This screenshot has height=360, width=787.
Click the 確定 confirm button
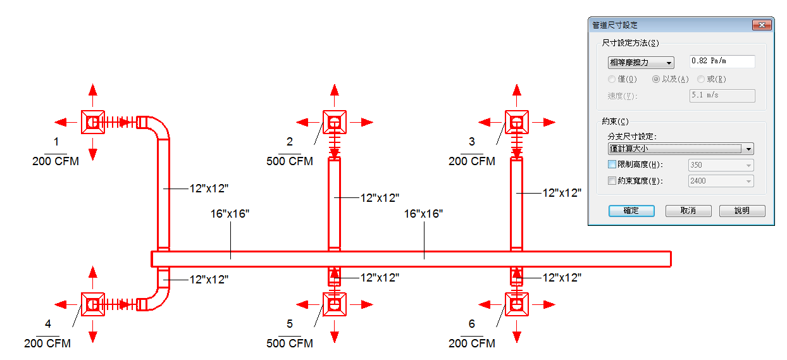pyautogui.click(x=631, y=211)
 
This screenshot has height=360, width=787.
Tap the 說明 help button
pyautogui.click(x=742, y=211)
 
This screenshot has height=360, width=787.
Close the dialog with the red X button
pyautogui.click(x=762, y=25)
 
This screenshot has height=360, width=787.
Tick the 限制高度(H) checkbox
pyautogui.click(x=612, y=164)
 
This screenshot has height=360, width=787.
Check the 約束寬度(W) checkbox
pyautogui.click(x=612, y=180)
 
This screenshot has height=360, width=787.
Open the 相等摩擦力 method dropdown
pyautogui.click(x=641, y=63)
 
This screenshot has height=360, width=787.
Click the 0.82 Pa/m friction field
pyautogui.click(x=722, y=61)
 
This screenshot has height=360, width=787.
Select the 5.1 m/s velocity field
pyautogui.click(x=722, y=95)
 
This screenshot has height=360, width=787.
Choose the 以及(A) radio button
pyautogui.click(x=655, y=79)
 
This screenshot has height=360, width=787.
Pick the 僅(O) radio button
pyautogui.click(x=612, y=79)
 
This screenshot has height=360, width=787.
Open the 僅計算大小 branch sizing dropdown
pyautogui.click(x=681, y=149)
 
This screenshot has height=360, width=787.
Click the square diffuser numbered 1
pyautogui.click(x=93, y=122)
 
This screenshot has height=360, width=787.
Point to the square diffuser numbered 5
pyautogui.click(x=335, y=304)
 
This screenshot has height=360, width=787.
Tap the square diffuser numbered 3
pyautogui.click(x=516, y=122)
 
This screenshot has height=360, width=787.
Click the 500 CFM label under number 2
pyautogui.click(x=290, y=161)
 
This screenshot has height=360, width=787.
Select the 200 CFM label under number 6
pyautogui.click(x=471, y=343)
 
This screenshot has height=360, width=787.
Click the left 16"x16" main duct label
pyautogui.click(x=230, y=214)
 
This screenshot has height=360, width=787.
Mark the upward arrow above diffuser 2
pyautogui.click(x=335, y=95)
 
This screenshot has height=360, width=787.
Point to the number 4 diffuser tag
pyautogui.click(x=48, y=323)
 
